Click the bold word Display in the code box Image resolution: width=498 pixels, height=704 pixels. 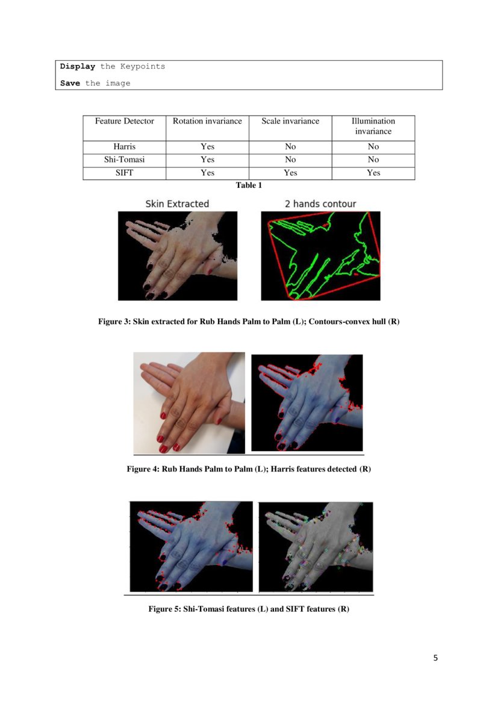click(x=77, y=66)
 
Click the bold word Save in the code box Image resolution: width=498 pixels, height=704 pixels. click(x=70, y=83)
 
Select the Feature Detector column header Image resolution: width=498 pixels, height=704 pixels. click(x=124, y=121)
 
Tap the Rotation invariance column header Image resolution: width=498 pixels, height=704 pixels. click(x=207, y=121)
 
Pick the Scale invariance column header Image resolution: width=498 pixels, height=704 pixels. click(x=290, y=121)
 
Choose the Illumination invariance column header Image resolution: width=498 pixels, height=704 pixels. click(x=373, y=126)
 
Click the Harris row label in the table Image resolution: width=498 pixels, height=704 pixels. click(x=124, y=146)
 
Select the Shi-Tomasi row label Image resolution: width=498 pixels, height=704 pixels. click(x=124, y=160)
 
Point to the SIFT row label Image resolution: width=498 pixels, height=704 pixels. click(x=124, y=173)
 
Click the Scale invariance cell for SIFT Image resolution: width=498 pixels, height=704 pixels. click(x=290, y=173)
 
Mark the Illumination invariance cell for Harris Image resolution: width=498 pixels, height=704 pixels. click(x=373, y=146)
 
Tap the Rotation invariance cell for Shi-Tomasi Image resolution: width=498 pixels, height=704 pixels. click(x=207, y=160)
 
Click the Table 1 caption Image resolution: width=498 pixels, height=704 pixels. click(x=249, y=185)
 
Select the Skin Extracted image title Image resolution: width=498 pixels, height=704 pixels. click(x=177, y=204)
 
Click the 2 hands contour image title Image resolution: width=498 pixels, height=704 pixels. click(x=320, y=204)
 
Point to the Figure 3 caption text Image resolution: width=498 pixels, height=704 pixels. click(x=249, y=322)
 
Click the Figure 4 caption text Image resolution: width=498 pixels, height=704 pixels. click(x=249, y=469)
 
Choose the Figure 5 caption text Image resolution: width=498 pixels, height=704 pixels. click(x=249, y=609)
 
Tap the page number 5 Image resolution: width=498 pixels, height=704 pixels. click(x=435, y=658)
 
